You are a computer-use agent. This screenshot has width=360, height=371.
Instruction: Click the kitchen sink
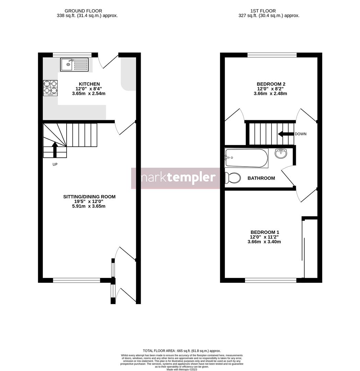[74, 64]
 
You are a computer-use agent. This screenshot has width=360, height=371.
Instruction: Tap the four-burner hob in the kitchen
[50, 88]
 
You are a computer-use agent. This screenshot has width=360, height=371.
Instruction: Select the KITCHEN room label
[89, 84]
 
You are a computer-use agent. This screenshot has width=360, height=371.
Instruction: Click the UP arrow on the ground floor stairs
[55, 149]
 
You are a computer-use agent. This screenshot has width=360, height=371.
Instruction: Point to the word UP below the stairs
[55, 165]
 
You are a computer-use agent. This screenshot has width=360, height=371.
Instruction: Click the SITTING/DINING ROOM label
[89, 197]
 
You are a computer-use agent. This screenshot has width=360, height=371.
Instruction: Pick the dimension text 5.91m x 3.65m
[89, 206]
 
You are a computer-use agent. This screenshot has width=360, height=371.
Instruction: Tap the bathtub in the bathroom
[246, 158]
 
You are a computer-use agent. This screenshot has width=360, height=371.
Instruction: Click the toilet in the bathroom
[232, 178]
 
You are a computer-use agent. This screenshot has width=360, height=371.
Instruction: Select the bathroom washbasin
[281, 154]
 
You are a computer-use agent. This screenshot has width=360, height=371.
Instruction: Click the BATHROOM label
[261, 178]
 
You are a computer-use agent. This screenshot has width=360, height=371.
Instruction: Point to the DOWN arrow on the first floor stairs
[285, 134]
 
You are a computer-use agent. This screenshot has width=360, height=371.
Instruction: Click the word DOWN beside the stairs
[300, 134]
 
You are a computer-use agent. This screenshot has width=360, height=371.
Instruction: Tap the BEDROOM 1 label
[265, 232]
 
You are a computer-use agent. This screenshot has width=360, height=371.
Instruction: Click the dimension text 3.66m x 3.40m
[264, 242]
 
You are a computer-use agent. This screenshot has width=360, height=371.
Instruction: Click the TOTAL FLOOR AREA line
[182, 351]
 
